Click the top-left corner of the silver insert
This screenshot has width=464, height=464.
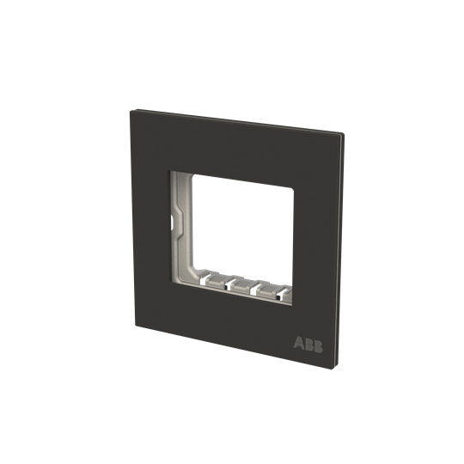coord(171,172)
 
